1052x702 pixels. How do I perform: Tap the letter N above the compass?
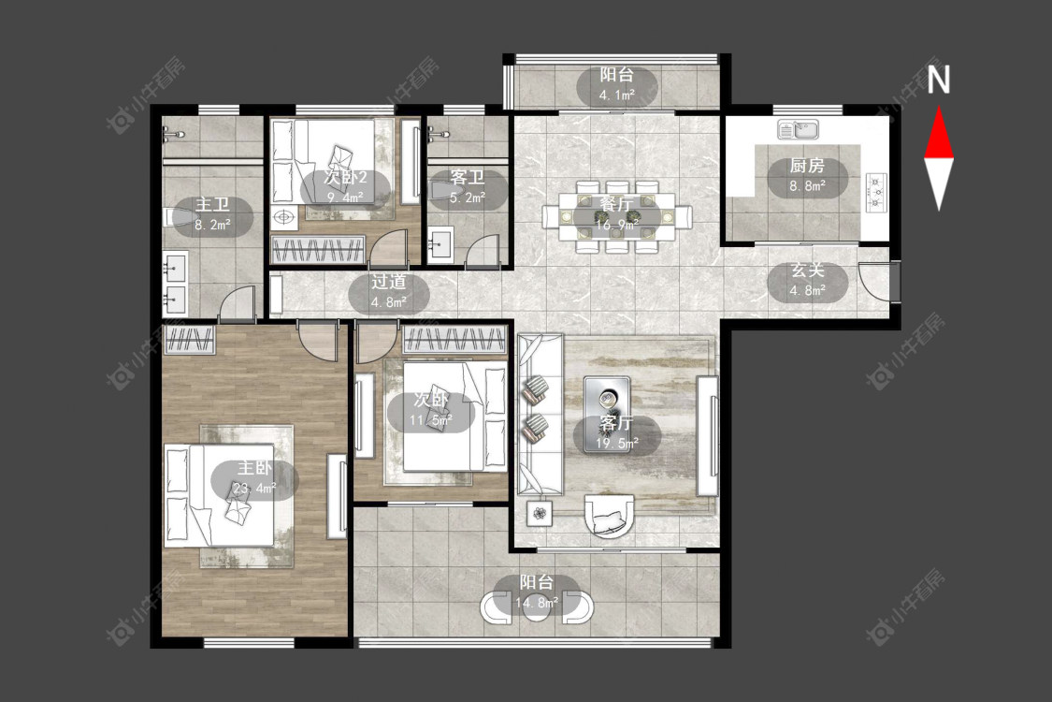939,80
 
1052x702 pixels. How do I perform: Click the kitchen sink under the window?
799,128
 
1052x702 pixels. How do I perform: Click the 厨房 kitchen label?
806,166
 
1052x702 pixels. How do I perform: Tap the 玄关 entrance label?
807,271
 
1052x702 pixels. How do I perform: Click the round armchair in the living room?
609,516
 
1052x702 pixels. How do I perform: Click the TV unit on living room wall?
708,436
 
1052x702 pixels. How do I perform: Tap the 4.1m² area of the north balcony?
616,95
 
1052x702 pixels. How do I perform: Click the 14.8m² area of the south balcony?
537,603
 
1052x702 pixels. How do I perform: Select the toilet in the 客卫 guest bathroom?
440,191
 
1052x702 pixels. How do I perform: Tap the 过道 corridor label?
388,282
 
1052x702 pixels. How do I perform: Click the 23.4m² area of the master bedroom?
254,489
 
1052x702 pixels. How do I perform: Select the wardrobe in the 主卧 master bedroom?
190,340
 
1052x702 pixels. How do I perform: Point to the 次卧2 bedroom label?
345,177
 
